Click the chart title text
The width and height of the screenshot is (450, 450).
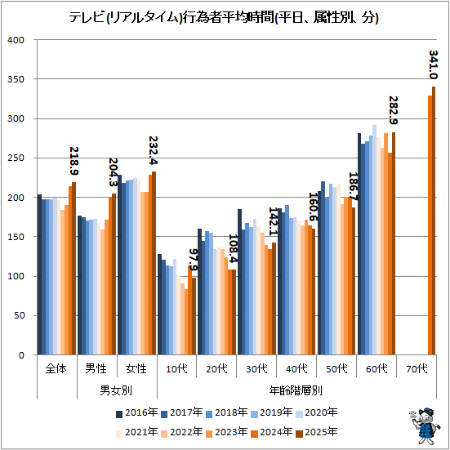(224, 18)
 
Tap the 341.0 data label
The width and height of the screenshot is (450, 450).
(434, 65)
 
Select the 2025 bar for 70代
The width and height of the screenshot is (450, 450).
(434, 221)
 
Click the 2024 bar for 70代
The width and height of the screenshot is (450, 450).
(430, 225)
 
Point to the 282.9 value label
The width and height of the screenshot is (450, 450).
(393, 110)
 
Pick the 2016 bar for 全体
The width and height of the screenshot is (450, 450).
(39, 274)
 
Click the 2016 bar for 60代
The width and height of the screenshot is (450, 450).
(359, 244)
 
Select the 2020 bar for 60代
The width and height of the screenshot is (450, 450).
(374, 240)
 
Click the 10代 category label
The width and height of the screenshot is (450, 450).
(176, 368)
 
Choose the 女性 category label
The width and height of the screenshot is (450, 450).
(136, 368)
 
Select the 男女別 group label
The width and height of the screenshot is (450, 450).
(116, 390)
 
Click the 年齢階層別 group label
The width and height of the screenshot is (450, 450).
(296, 390)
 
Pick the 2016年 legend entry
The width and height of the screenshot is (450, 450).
(137, 412)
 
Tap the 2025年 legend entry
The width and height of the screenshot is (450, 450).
(317, 432)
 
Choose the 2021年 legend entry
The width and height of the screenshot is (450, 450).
(137, 432)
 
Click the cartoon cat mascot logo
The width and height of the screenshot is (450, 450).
(424, 425)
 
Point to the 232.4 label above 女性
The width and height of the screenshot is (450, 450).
(154, 150)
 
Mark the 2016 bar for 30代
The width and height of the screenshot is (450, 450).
(239, 282)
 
